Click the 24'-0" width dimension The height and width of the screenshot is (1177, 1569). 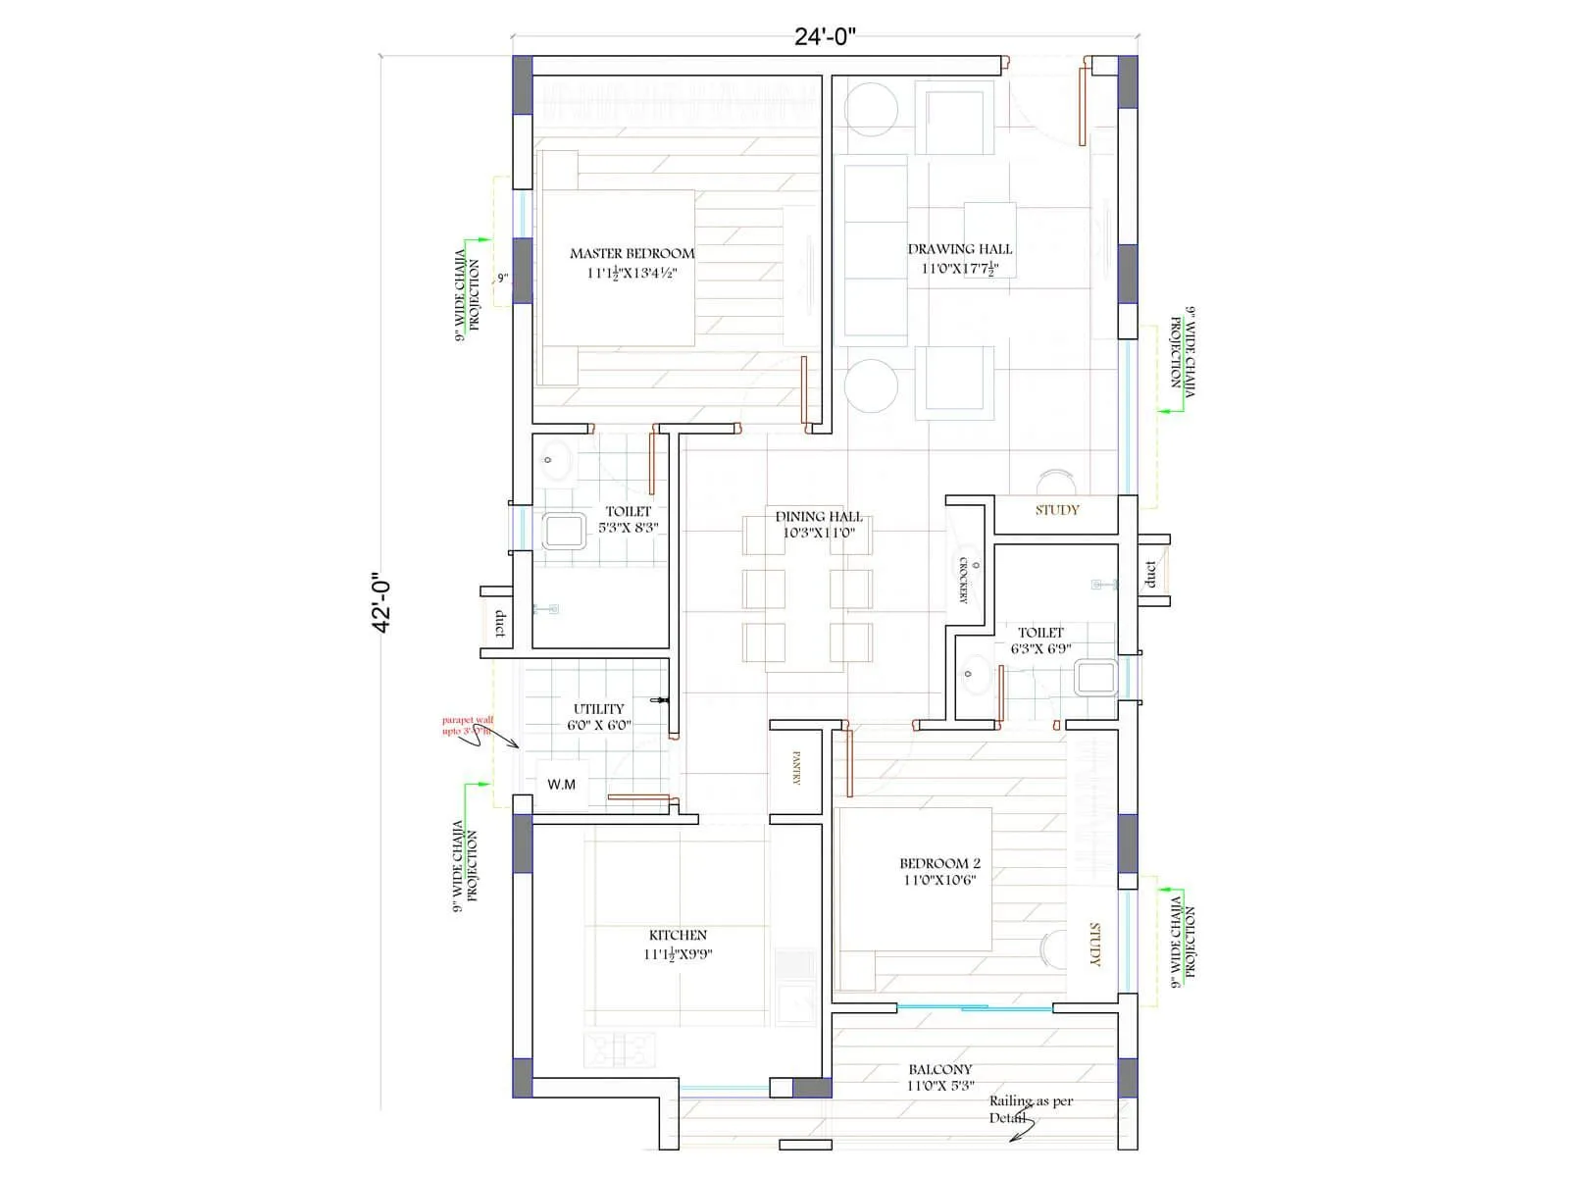825,37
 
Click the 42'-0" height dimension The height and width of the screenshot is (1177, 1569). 382,605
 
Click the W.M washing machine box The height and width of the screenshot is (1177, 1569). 562,785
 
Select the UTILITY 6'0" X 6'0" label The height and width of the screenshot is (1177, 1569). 598,717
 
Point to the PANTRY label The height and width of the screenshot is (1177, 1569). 796,768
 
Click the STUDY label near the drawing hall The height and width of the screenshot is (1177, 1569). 1057,510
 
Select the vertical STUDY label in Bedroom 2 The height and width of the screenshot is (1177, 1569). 1096,944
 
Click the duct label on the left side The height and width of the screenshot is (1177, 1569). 500,624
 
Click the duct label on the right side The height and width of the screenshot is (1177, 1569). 1150,575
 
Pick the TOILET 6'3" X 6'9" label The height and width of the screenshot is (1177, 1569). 1040,640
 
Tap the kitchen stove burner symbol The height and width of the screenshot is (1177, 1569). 619,1050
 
